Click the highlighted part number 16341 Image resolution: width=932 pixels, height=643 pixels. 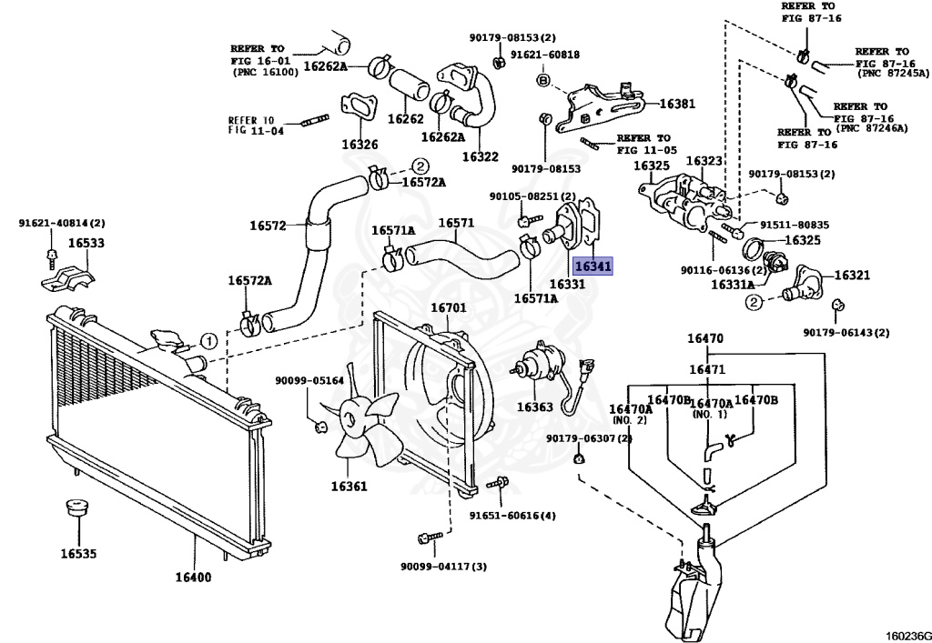tap(592, 266)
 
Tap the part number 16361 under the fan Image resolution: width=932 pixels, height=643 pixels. tap(349, 486)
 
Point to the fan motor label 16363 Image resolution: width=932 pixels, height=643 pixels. tap(534, 407)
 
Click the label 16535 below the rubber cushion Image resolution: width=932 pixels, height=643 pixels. tap(78, 553)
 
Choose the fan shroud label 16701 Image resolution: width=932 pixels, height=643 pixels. tap(448, 307)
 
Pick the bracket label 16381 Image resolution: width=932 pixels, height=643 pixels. tap(676, 104)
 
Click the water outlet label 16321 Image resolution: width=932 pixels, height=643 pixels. tap(852, 275)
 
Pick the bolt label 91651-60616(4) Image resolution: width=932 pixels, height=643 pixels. tap(512, 516)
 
